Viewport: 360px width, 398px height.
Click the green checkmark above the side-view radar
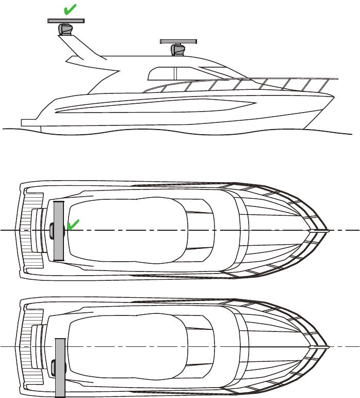70,9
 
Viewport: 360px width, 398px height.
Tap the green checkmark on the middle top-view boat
73,224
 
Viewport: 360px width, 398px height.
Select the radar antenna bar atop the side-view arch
66,21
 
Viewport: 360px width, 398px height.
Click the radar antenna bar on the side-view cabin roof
177,41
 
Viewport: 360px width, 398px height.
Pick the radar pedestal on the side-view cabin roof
178,50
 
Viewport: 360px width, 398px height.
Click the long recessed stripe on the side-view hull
155,107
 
